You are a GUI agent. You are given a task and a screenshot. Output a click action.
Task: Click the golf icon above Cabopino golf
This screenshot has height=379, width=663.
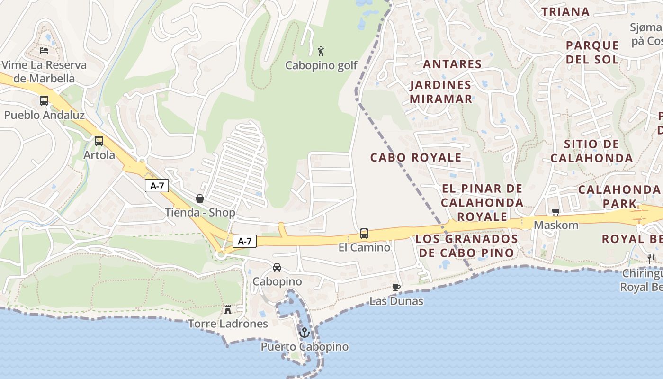tap(321, 51)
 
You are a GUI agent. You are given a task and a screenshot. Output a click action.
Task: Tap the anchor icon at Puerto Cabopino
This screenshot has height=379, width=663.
tap(305, 332)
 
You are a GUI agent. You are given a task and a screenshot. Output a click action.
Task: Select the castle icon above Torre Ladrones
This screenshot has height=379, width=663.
tap(228, 310)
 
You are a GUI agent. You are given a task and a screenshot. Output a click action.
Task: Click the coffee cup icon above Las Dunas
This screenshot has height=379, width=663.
tap(396, 287)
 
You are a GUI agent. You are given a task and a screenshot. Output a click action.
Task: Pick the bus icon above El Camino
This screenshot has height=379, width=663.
tap(364, 233)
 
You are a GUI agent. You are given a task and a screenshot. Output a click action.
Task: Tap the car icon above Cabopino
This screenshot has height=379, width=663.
tap(277, 268)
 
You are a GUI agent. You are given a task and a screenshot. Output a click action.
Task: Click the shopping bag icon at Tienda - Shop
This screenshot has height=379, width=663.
tap(200, 199)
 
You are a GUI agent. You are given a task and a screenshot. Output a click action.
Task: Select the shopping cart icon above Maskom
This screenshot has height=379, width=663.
tap(555, 211)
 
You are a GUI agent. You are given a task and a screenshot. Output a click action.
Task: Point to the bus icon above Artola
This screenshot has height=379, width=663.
tap(99, 141)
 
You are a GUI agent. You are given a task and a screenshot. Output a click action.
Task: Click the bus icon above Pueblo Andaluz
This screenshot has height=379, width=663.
tap(44, 101)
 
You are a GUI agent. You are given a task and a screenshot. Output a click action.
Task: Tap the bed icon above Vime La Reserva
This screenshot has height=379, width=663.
tap(44, 50)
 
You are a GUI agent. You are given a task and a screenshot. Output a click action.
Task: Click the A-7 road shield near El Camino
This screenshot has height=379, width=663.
tap(244, 242)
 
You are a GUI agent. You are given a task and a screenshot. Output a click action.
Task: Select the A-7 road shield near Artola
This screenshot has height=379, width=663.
tap(157, 186)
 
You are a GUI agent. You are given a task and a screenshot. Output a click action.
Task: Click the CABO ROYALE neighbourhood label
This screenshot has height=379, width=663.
tap(416, 157)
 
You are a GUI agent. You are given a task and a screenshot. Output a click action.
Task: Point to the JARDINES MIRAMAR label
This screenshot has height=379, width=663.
tap(441, 92)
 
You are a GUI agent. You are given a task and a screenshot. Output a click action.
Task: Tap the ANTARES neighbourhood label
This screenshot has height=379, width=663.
tap(452, 64)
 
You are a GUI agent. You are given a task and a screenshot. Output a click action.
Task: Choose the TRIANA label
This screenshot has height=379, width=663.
tap(565, 12)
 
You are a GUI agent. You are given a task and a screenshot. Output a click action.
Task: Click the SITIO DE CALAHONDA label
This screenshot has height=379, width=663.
tap(591, 151)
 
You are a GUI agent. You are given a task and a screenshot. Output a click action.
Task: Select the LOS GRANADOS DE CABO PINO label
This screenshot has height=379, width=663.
tap(466, 245)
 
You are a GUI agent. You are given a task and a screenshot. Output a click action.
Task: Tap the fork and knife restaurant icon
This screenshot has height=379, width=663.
tap(651, 259)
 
